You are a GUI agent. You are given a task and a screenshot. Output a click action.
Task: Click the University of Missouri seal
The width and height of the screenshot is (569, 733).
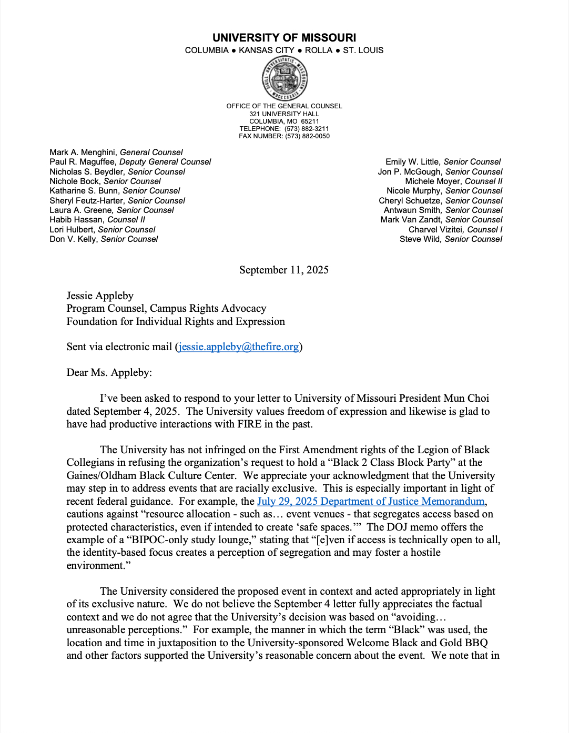pos(284,79)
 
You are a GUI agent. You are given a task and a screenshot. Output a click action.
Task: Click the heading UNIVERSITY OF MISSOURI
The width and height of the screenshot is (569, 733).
pos(284,38)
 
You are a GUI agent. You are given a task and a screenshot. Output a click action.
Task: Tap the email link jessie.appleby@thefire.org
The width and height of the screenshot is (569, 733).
pos(239,347)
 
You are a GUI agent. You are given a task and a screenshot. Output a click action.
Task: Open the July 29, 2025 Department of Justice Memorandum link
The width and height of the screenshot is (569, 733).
pos(371,502)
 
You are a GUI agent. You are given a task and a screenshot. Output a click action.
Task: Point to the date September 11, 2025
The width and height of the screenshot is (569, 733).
pos(284,270)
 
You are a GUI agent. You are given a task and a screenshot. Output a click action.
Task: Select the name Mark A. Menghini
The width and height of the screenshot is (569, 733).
pos(83,152)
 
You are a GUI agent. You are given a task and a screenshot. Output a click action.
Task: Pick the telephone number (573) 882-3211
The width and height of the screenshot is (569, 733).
pos(307,129)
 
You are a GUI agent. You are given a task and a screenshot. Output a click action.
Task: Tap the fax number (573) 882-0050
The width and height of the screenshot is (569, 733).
pos(307,136)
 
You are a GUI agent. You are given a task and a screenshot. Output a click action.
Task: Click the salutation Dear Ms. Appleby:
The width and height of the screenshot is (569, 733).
pos(109,373)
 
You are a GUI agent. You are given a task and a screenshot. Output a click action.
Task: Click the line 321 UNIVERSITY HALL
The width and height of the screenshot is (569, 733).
pos(284,114)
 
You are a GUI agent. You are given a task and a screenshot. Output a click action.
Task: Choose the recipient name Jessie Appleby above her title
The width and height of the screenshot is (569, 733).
pos(100,296)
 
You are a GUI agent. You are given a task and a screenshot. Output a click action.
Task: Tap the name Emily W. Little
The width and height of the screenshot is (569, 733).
pos(412,162)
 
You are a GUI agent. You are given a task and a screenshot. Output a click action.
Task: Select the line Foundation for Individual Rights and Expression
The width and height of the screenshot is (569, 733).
pos(176,322)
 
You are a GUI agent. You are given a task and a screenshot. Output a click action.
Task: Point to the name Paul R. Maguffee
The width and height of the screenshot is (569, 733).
pos(83,162)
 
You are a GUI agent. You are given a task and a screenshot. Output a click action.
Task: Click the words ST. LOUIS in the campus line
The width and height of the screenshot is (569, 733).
pos(363,50)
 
